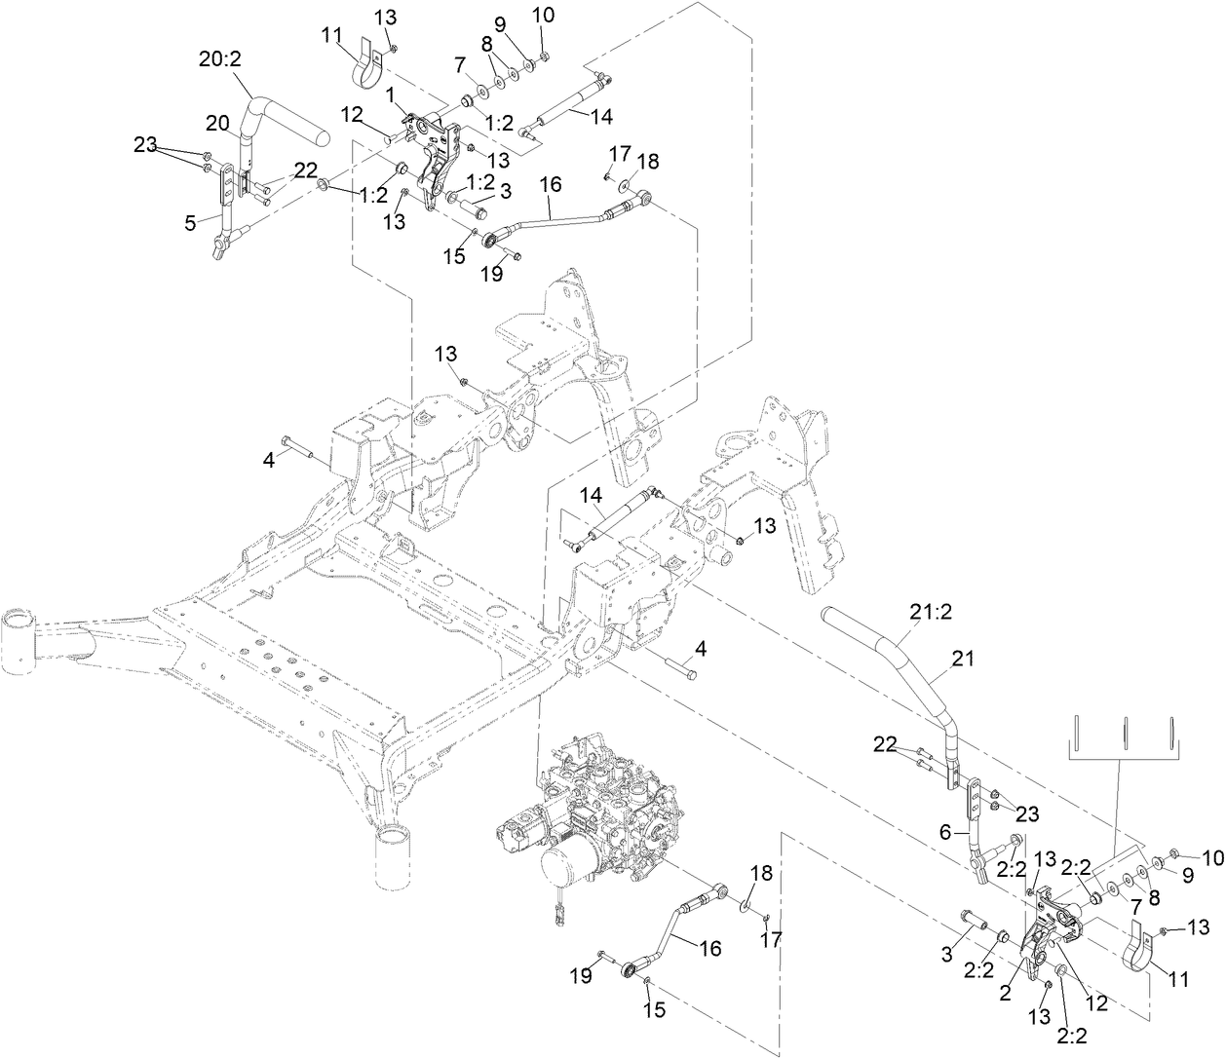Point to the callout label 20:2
[221, 59]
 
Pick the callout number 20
[216, 123]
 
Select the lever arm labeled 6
[975, 828]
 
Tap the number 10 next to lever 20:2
[544, 17]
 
